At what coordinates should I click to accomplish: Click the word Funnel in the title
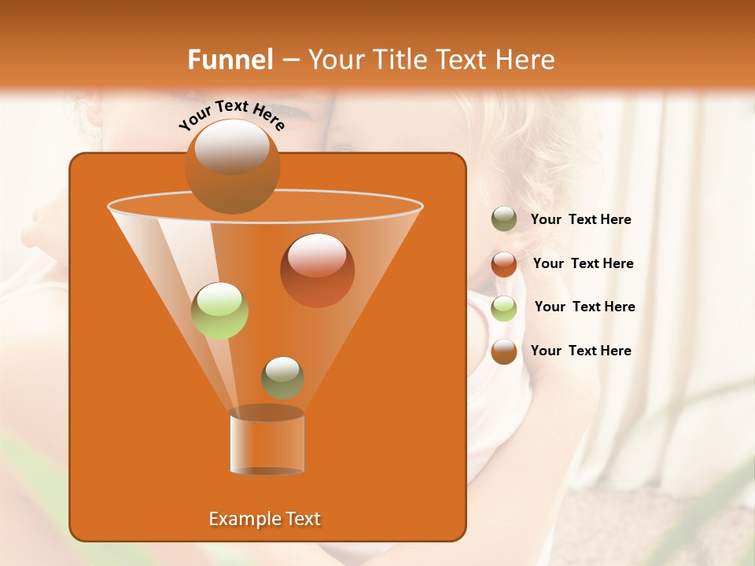click(230, 60)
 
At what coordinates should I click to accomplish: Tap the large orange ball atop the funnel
click(232, 167)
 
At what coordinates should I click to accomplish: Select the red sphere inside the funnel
click(317, 270)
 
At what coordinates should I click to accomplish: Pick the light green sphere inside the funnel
click(220, 311)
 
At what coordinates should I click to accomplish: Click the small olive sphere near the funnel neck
click(282, 377)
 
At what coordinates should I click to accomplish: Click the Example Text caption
click(264, 519)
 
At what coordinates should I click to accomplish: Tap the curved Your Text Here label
click(232, 115)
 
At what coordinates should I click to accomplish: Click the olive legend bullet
click(504, 219)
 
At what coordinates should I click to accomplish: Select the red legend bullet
click(504, 264)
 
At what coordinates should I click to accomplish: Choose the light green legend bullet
click(504, 308)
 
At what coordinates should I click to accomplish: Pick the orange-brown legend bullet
click(504, 351)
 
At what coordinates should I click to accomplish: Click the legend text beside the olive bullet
click(580, 220)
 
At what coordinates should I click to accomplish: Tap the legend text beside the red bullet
click(583, 264)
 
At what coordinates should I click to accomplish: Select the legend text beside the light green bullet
click(584, 307)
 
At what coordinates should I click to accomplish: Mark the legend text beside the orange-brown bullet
click(580, 351)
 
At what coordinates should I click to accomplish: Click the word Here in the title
click(526, 60)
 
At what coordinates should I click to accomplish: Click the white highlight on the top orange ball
click(232, 146)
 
